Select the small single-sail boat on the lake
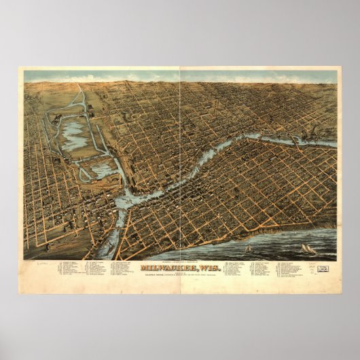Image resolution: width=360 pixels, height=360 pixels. [x=248, y=249]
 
